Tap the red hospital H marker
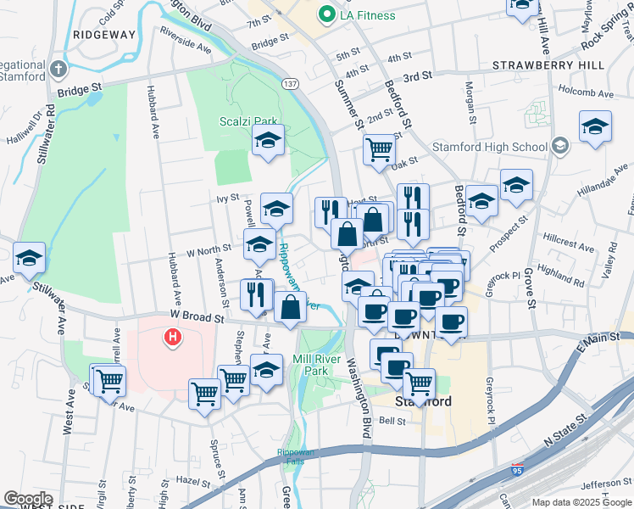pos(173,338)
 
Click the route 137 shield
pos(291,85)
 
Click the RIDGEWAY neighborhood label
pos(104,35)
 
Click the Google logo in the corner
pos(28,499)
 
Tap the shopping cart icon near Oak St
pos(379,150)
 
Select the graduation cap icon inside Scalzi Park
pos(268,141)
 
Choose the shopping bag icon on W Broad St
pos(290,307)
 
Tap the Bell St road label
pos(392,420)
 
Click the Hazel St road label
pos(192,481)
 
